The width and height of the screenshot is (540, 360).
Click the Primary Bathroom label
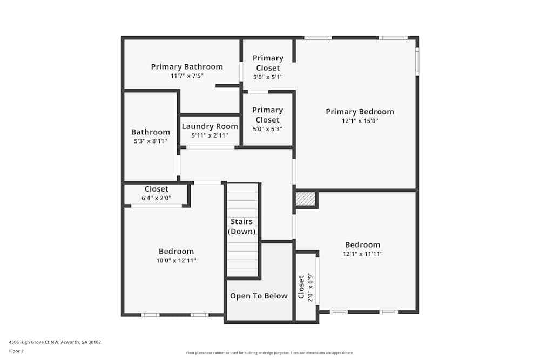point(187,67)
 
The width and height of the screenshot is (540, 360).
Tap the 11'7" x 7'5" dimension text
point(187,76)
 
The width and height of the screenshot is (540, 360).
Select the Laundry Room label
point(210,126)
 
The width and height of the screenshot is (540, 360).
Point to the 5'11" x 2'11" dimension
point(210,135)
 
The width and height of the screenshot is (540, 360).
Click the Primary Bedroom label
point(360,112)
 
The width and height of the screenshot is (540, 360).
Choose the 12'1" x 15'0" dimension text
point(360,121)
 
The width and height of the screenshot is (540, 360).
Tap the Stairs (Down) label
point(242,227)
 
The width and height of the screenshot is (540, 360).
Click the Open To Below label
point(259,296)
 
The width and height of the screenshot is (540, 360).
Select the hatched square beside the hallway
point(305,199)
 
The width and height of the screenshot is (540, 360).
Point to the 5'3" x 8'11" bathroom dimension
point(151,141)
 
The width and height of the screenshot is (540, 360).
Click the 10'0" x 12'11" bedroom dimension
point(176,260)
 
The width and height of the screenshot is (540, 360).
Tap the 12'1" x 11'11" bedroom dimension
point(362,254)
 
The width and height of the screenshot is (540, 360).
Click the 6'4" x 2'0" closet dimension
point(156,198)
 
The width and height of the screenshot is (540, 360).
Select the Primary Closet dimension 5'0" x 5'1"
point(268,77)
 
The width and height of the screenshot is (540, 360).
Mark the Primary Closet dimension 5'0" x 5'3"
point(268,129)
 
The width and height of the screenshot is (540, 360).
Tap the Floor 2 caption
point(16,351)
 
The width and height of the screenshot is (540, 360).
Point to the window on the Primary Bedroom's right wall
point(417,62)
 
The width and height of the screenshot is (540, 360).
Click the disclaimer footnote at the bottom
point(270,352)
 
